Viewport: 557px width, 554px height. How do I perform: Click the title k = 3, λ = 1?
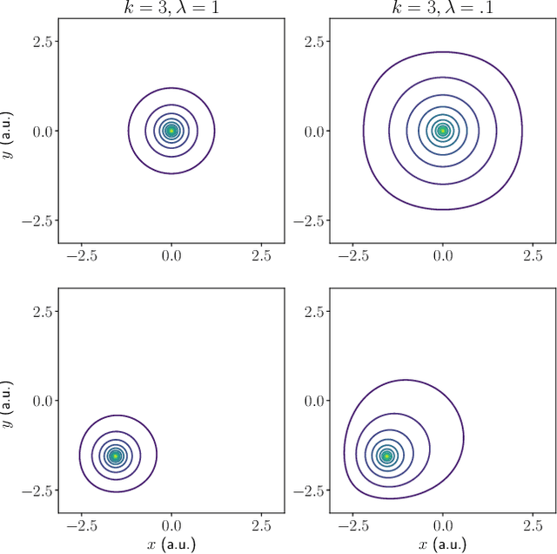click(x=171, y=8)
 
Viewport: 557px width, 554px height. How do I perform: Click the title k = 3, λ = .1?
click(x=443, y=8)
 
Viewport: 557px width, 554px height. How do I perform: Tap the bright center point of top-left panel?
click(x=171, y=131)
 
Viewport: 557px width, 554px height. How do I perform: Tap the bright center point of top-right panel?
click(x=443, y=131)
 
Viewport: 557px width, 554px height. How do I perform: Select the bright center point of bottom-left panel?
click(x=115, y=456)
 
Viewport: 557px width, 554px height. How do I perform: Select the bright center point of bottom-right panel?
click(x=386, y=456)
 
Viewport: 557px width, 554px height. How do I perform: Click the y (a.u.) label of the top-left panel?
click(x=9, y=131)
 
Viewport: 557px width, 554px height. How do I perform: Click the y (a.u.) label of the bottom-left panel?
click(x=9, y=400)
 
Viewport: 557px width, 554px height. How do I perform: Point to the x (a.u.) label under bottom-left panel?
click(x=171, y=544)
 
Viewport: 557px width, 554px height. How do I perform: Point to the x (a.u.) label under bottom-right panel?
click(x=443, y=544)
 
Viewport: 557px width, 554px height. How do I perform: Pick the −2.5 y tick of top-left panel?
click(x=40, y=220)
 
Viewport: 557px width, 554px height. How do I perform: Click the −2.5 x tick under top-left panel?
click(x=82, y=257)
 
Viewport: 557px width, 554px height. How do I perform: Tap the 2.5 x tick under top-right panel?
click(x=533, y=257)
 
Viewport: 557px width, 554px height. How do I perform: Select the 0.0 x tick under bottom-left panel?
click(x=171, y=526)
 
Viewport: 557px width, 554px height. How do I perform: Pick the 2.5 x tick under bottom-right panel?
click(x=533, y=526)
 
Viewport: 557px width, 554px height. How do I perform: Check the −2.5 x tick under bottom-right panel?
click(x=353, y=526)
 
